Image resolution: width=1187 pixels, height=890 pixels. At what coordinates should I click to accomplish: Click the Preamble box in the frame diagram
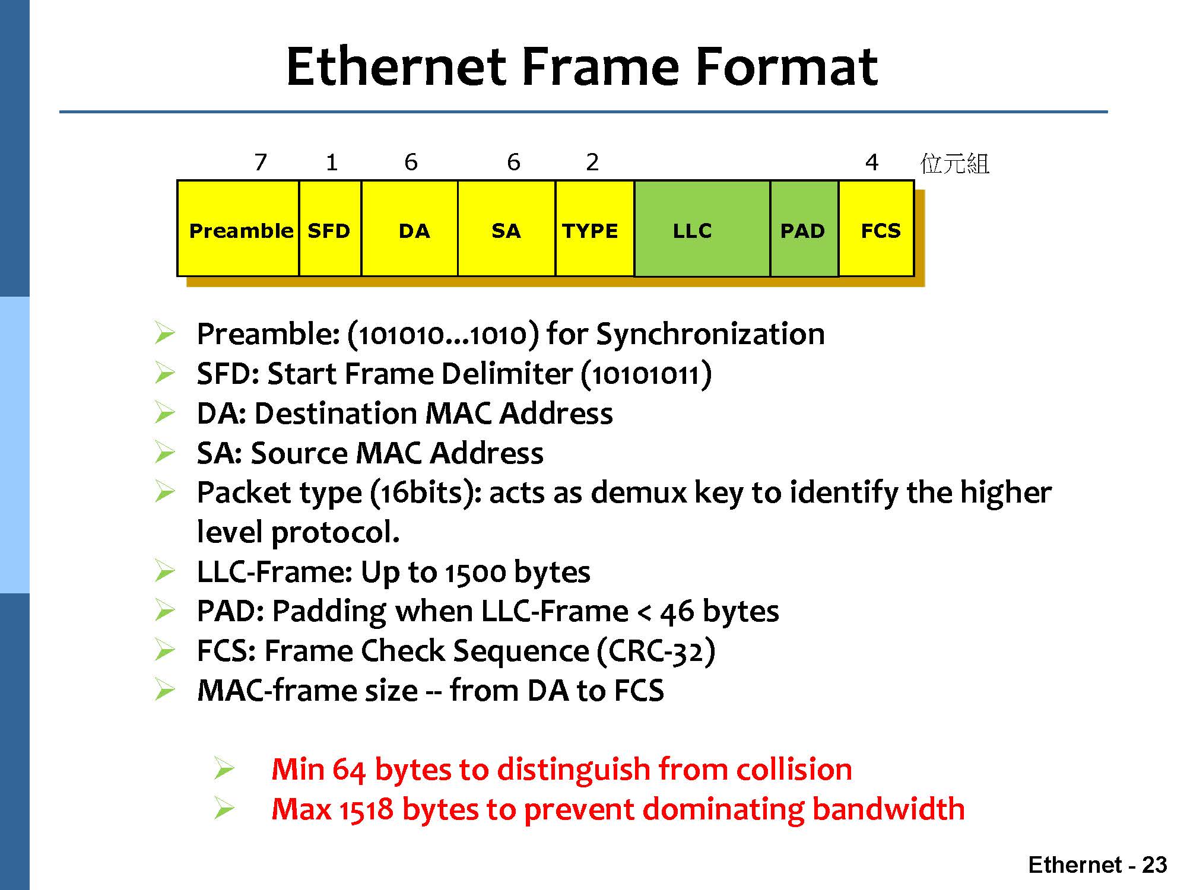pyautogui.click(x=238, y=228)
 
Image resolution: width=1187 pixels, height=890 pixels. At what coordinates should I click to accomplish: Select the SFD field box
pyautogui.click(x=330, y=228)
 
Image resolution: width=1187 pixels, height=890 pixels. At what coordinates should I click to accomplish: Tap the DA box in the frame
pyautogui.click(x=410, y=228)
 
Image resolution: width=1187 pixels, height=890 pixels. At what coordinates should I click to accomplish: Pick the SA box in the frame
pyautogui.click(x=506, y=228)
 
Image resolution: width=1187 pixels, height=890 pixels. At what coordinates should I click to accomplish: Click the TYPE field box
pyautogui.click(x=595, y=228)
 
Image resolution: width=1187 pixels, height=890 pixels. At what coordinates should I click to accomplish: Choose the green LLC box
pyautogui.click(x=702, y=228)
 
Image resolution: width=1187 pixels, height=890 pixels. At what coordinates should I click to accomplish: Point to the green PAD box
pyautogui.click(x=804, y=228)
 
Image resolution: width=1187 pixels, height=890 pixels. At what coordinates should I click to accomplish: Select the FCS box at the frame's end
pyautogui.click(x=877, y=228)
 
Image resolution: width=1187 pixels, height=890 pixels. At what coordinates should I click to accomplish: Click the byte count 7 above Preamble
pyautogui.click(x=261, y=162)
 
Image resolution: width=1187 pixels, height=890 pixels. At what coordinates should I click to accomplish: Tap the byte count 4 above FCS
pyautogui.click(x=871, y=162)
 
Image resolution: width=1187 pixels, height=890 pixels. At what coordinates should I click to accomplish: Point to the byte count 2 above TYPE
pyautogui.click(x=592, y=162)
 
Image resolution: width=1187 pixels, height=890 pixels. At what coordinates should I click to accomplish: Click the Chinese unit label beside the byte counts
pyautogui.click(x=954, y=163)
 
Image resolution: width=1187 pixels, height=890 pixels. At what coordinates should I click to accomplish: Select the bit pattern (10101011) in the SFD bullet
pyautogui.click(x=646, y=374)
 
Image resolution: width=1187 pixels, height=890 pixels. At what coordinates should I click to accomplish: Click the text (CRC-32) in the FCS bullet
pyautogui.click(x=656, y=651)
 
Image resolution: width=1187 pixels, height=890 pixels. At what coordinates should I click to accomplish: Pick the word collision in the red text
pyautogui.click(x=794, y=770)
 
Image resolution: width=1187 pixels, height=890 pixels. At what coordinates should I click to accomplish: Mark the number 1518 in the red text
pyautogui.click(x=366, y=809)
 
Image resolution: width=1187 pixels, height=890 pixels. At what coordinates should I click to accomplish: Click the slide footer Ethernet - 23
pyautogui.click(x=1098, y=864)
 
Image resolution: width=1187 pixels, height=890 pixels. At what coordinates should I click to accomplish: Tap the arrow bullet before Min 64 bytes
pyautogui.click(x=225, y=769)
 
